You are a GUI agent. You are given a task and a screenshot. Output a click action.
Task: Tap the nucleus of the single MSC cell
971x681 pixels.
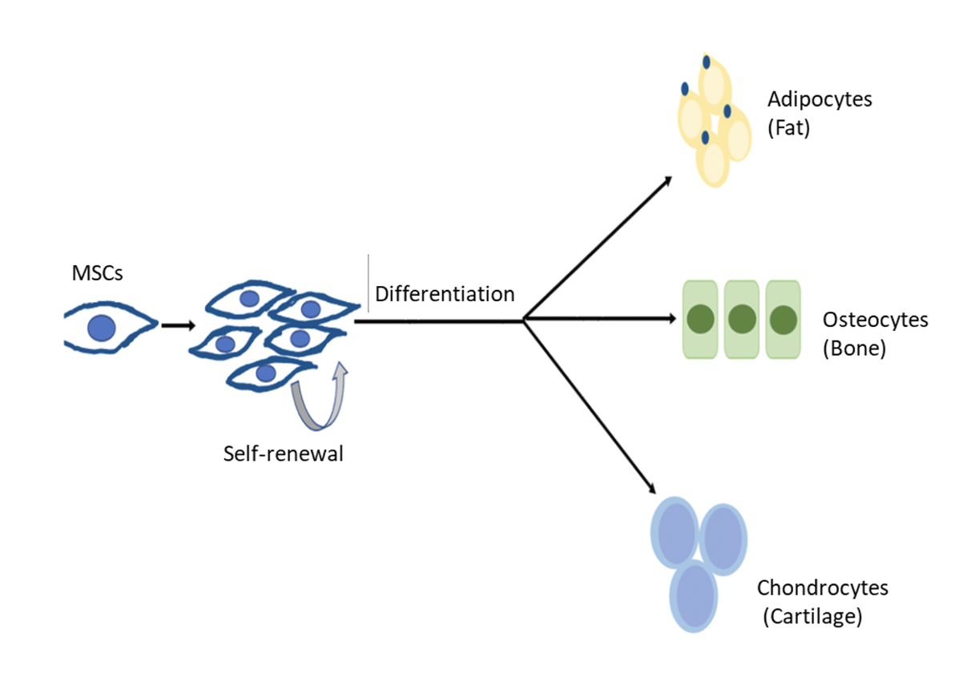click(103, 328)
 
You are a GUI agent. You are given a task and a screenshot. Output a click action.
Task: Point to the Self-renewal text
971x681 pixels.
click(284, 454)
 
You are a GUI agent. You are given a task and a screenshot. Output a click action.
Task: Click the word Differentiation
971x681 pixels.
click(445, 294)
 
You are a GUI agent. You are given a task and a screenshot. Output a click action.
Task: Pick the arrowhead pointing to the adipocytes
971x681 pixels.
click(667, 181)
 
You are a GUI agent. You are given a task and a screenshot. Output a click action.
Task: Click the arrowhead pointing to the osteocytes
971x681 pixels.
click(671, 319)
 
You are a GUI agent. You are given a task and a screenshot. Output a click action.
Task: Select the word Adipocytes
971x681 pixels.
click(820, 100)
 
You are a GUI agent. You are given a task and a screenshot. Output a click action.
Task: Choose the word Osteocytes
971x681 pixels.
click(875, 320)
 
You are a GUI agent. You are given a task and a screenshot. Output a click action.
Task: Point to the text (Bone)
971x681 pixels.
click(854, 349)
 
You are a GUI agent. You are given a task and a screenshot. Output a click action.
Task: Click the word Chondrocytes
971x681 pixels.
click(823, 588)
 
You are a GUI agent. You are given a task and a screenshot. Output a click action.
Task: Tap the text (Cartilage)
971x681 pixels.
click(812, 617)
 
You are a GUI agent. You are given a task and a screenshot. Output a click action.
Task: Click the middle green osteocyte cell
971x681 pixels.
click(741, 320)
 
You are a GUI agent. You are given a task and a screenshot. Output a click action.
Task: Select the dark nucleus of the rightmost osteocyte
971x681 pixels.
click(783, 320)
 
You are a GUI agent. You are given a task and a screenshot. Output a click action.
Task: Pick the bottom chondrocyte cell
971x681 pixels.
click(693, 596)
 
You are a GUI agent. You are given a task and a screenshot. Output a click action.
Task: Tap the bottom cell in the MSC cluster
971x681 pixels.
click(268, 373)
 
